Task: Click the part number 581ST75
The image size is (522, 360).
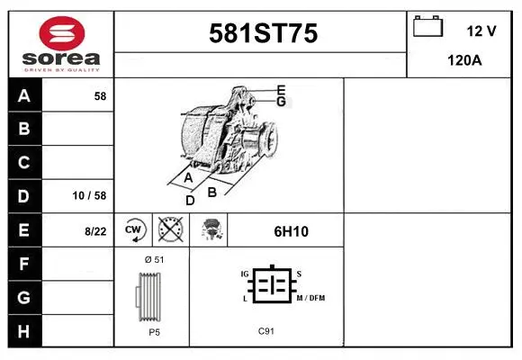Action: [263, 34]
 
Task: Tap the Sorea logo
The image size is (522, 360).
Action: [60, 42]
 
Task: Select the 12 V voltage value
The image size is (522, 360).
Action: [481, 31]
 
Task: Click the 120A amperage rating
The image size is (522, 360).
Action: [464, 61]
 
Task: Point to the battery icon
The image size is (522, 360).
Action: [427, 27]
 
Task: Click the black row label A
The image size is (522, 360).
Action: [24, 96]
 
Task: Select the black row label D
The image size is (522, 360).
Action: [24, 196]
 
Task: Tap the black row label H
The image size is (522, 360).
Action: [24, 330]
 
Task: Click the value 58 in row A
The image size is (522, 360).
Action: [100, 96]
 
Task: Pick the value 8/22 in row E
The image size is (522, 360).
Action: [95, 231]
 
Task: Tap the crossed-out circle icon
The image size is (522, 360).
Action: [170, 230]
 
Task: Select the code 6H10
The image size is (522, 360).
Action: [292, 231]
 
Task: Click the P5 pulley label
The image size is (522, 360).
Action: [154, 332]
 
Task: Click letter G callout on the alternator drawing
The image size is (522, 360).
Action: [281, 102]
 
